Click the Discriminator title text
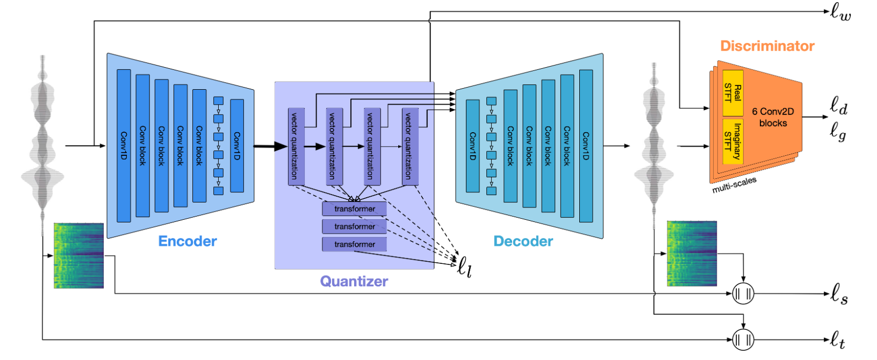tap(767, 46)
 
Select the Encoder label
tap(188, 241)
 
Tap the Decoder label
tap(523, 241)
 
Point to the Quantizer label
tap(354, 281)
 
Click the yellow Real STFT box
tap(733, 93)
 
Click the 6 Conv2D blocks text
tap(773, 117)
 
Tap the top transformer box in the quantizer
tap(354, 208)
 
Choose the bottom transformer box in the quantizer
tap(354, 244)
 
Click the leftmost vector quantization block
tap(296, 146)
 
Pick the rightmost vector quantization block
tap(410, 146)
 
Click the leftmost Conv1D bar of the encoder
tap(124, 146)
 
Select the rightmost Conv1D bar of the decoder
tap(586, 146)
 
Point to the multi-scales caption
tap(734, 185)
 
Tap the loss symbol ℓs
tap(839, 293)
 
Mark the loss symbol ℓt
tap(838, 340)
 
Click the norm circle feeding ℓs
tap(743, 293)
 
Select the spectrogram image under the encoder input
tap(78, 256)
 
